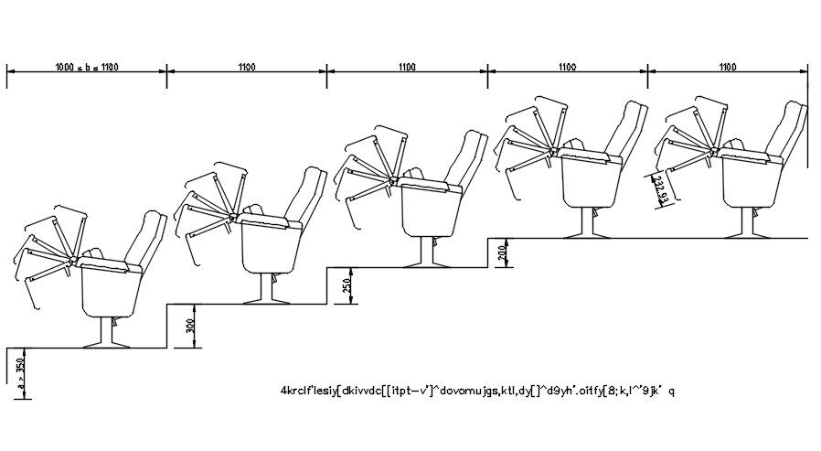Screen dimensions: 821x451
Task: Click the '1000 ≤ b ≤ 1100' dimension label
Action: [87, 67]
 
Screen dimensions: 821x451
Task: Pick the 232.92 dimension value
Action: [661, 191]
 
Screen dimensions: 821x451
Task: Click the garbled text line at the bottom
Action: [478, 391]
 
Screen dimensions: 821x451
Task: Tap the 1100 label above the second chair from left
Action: [247, 67]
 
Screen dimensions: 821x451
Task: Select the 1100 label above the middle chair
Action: [407, 67]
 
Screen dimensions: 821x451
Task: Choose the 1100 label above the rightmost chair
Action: [728, 67]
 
